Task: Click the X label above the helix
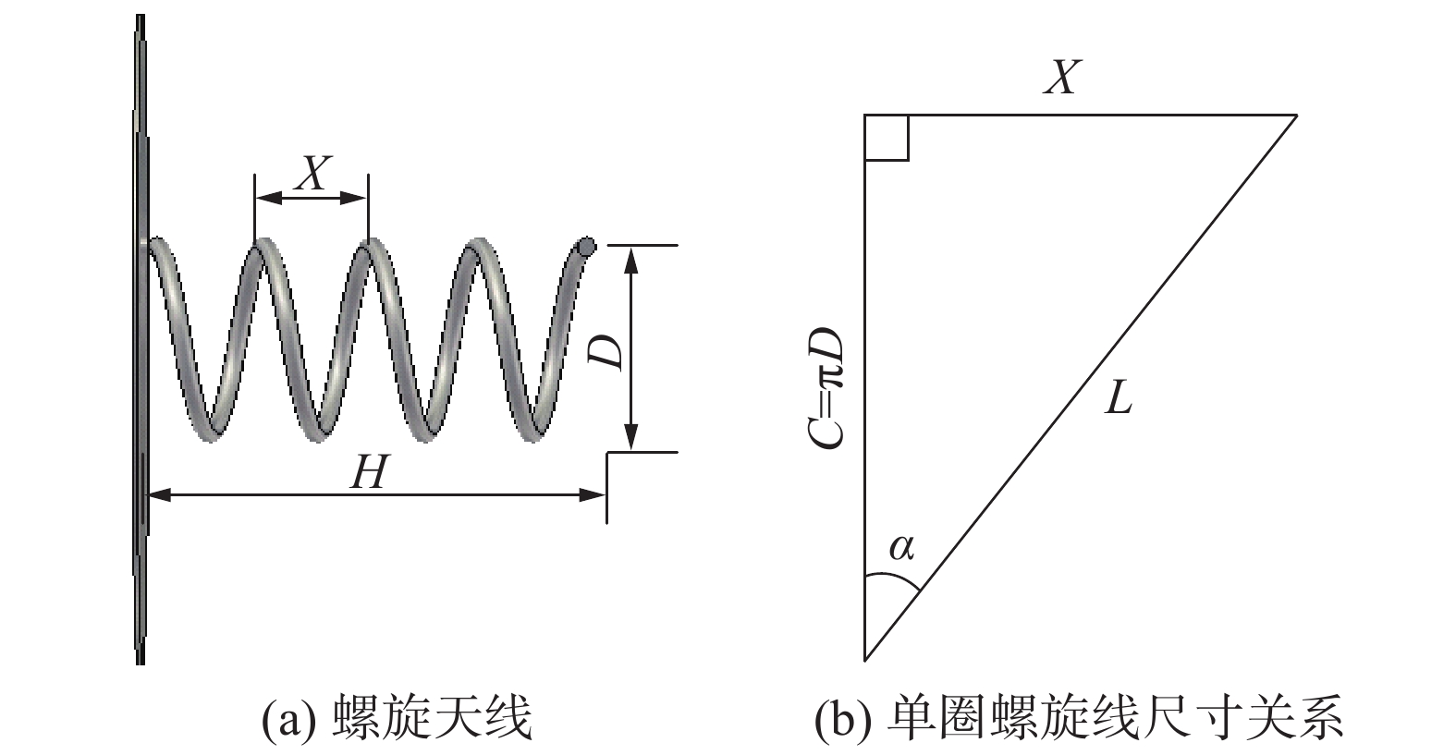pyautogui.click(x=312, y=173)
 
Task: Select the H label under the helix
pyautogui.click(x=368, y=474)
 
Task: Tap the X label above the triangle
pyautogui.click(x=1062, y=78)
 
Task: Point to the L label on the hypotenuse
pyautogui.click(x=1119, y=399)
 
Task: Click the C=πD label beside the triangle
pyautogui.click(x=826, y=387)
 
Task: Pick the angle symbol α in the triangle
pyautogui.click(x=901, y=548)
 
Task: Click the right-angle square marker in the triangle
pyautogui.click(x=887, y=138)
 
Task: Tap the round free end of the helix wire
pyautogui.click(x=585, y=247)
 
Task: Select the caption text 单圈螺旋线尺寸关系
pyautogui.click(x=1114, y=718)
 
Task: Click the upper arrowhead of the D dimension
pyautogui.click(x=631, y=258)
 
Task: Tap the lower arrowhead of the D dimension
pyautogui.click(x=631, y=438)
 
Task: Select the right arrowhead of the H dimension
pyautogui.click(x=593, y=495)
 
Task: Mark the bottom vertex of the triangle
pyautogui.click(x=864, y=659)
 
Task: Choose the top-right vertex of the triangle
pyautogui.click(x=1296, y=116)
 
